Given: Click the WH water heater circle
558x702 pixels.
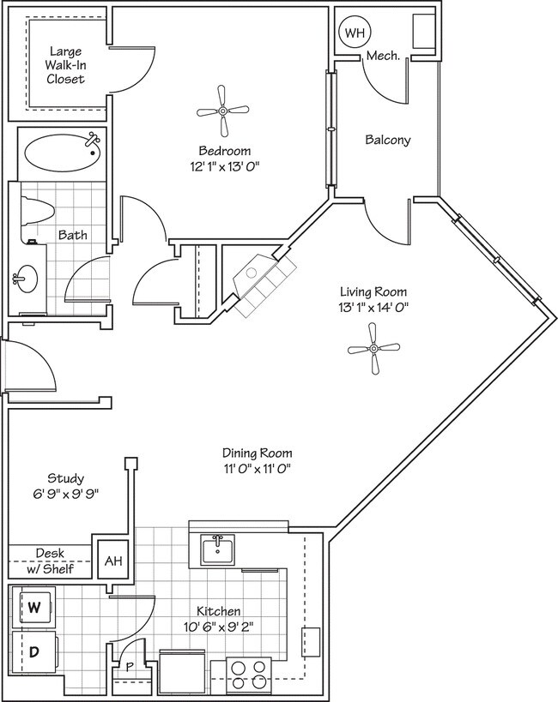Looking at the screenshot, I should coord(354,33).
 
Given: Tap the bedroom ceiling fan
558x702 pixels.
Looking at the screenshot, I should coord(223,111).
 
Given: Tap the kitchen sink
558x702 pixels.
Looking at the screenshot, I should coord(219,549).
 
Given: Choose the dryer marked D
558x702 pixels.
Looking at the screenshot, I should coord(34,652).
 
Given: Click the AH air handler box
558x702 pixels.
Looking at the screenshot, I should coord(112,561).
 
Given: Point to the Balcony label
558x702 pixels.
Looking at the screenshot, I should coord(387,140).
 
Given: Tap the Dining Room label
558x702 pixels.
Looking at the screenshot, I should coord(258,453).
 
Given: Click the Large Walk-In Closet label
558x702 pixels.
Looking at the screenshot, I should coord(66,65).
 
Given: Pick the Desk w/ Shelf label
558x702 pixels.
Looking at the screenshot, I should coord(50,561).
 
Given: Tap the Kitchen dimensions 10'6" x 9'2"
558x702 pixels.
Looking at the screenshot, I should coord(219,627).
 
